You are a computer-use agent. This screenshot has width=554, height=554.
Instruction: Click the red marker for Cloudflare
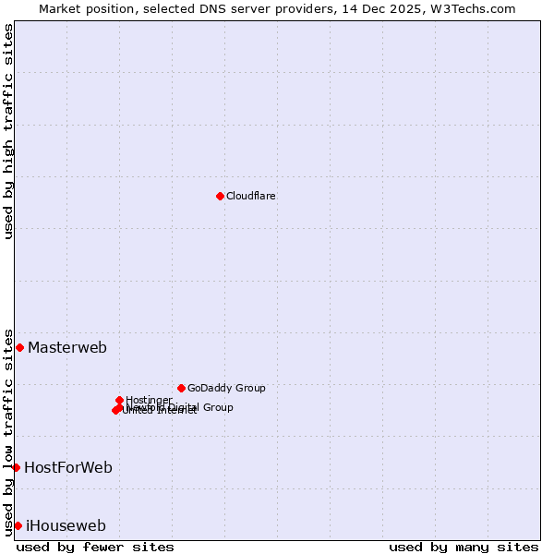pyautogui.click(x=220, y=196)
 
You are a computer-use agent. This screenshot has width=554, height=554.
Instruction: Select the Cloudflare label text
pyautogui.click(x=250, y=196)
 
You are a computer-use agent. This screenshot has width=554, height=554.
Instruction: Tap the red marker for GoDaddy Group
pyautogui.click(x=181, y=388)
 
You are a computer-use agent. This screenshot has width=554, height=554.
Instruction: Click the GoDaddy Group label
pyautogui.click(x=226, y=388)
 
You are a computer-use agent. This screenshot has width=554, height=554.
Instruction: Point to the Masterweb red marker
pyautogui.click(x=19, y=347)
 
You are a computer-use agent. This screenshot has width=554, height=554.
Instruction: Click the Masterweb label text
pyautogui.click(x=66, y=348)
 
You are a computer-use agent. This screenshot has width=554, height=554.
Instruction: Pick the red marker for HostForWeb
pyautogui.click(x=16, y=467)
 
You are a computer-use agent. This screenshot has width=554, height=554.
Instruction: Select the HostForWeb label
pyautogui.click(x=68, y=468)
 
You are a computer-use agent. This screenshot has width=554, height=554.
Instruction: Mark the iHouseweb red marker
pyautogui.click(x=18, y=525)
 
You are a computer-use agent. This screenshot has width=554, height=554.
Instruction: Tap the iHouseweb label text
pyautogui.click(x=66, y=526)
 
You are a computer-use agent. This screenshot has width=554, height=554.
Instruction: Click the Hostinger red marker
pyautogui.click(x=119, y=400)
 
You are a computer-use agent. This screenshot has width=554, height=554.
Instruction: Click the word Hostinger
pyautogui.click(x=149, y=400)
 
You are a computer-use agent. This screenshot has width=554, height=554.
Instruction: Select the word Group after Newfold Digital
pyautogui.click(x=218, y=407)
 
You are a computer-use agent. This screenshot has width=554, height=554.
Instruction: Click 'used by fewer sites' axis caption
pyautogui.click(x=95, y=547)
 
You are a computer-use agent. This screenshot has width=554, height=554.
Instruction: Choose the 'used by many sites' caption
pyautogui.click(x=464, y=547)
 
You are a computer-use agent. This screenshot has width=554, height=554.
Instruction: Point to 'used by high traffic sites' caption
pyautogui.click(x=9, y=131)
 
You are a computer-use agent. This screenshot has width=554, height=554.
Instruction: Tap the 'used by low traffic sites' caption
pyautogui.click(x=9, y=431)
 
